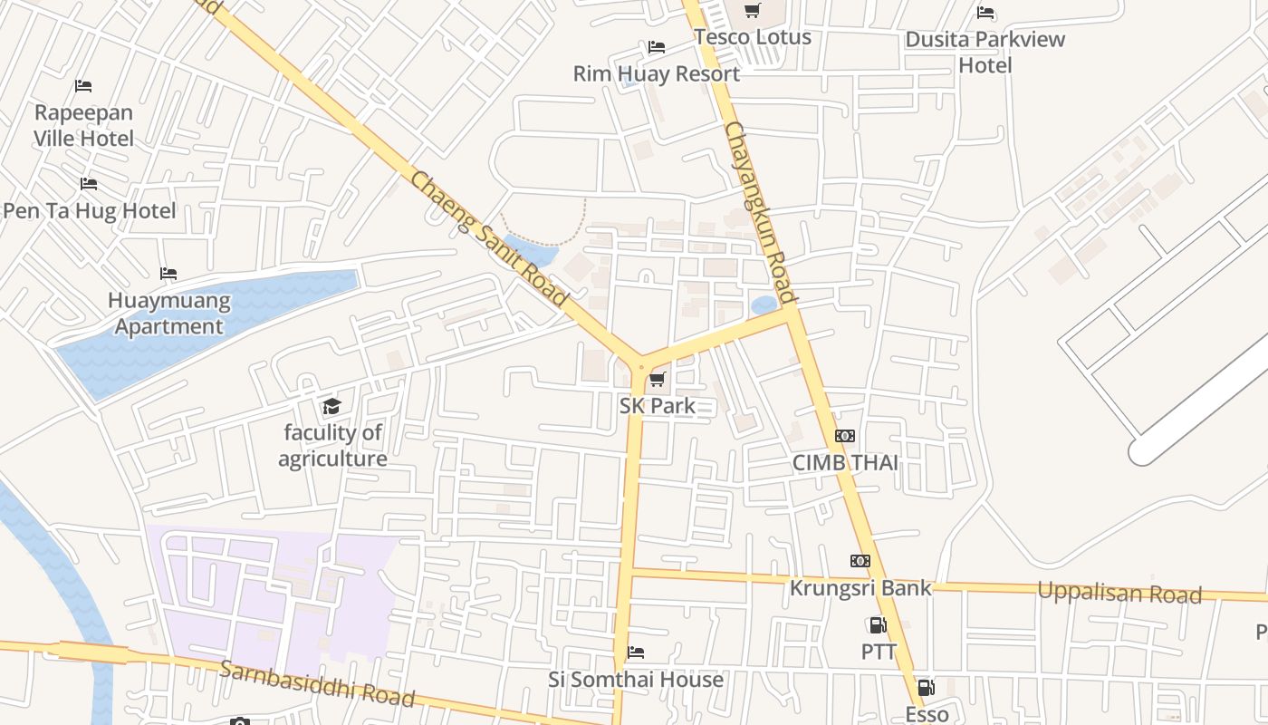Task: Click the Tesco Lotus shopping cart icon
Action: point(752,11)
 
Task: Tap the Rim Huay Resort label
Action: point(656,74)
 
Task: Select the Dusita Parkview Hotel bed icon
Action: point(985,13)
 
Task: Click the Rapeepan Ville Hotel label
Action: point(83,125)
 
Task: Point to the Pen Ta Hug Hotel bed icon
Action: point(88,184)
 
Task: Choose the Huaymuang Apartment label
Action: point(168,314)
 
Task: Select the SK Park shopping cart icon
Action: point(658,379)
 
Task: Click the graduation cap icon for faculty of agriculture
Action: point(331,406)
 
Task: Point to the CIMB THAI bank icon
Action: point(844,436)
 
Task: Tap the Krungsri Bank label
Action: point(860,588)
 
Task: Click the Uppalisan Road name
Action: point(1119,594)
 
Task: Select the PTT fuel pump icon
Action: point(877,625)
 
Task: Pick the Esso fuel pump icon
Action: point(926,689)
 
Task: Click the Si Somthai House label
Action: point(636,680)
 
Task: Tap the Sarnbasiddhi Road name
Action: point(317,683)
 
